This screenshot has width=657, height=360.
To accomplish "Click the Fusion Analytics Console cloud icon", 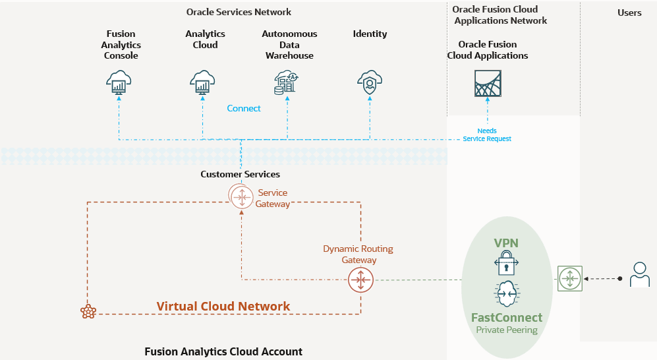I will tap(119, 83).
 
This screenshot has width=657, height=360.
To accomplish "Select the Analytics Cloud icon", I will tap(202, 83).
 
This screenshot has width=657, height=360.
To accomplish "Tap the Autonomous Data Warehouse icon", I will tap(287, 83).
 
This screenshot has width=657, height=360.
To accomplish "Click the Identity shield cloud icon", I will tap(370, 83).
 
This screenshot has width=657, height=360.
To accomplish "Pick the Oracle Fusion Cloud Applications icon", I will tap(488, 83).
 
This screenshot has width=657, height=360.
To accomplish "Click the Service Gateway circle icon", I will tap(241, 196).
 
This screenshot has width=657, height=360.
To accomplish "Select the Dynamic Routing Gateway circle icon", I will tap(360, 280).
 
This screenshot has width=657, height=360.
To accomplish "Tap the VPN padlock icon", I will tap(506, 263).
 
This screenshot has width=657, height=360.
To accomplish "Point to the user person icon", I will tap(639, 275).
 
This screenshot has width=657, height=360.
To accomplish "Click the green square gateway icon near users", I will tap(569, 278).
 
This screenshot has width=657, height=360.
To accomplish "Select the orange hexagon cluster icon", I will tap(88, 312).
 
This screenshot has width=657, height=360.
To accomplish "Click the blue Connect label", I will tap(244, 108).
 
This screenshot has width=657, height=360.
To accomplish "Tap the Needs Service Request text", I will tap(487, 135).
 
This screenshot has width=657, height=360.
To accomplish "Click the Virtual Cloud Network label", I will tap(223, 306).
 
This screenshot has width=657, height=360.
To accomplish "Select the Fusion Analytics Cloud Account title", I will tap(223, 351).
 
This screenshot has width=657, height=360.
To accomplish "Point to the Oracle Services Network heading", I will tap(239, 12).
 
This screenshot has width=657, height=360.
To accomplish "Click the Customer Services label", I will tap(240, 174).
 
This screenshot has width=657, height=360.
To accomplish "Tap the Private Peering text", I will tap(506, 330).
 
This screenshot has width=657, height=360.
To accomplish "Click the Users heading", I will tap(629, 13).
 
